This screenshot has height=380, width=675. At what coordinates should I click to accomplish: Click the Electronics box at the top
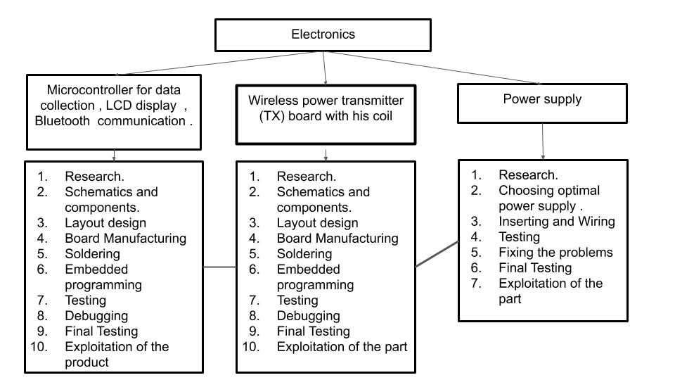(x=323, y=34)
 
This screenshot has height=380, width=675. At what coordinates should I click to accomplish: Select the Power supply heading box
(x=542, y=103)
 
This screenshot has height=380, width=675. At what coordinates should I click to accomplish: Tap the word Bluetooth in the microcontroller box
(x=63, y=120)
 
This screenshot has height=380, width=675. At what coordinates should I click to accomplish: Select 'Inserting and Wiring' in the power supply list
(x=556, y=221)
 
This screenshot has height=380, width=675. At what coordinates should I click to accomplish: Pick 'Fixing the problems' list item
(x=555, y=252)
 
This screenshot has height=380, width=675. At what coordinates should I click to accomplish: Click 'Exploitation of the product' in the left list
(x=117, y=354)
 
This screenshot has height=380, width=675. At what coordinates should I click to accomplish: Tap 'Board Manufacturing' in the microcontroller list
(x=125, y=238)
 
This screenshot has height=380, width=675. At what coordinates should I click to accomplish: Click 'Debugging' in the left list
(x=96, y=315)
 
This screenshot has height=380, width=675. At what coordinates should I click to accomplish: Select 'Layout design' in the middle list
(x=317, y=223)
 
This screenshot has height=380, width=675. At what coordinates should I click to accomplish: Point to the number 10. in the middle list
(x=252, y=346)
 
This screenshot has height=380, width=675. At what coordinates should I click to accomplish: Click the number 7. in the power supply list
(x=476, y=283)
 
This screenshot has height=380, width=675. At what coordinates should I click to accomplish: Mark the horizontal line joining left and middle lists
(x=219, y=267)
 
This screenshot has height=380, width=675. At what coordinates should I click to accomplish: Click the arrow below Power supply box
(x=543, y=141)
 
